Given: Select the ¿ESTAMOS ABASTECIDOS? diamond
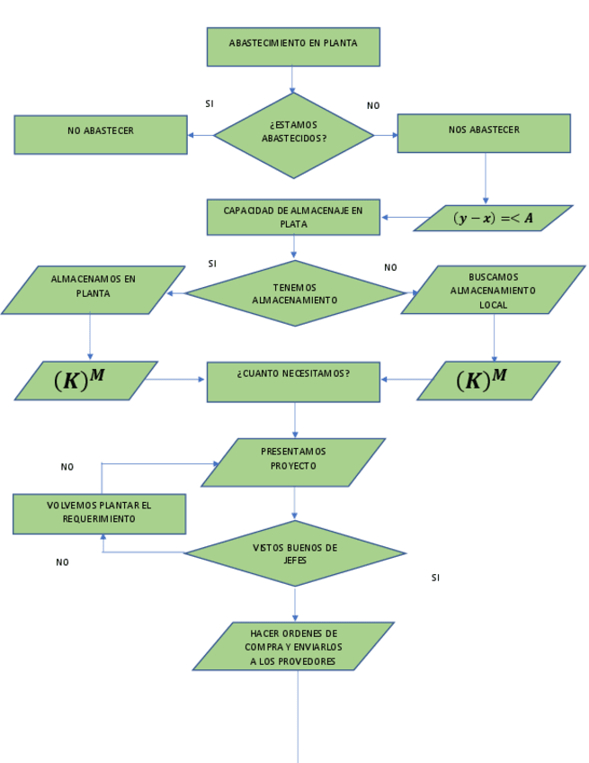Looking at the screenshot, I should tap(293, 136).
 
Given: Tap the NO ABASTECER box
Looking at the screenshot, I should tap(101, 134).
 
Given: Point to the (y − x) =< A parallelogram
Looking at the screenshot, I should tap(493, 219).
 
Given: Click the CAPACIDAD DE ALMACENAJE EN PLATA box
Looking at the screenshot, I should tap(293, 218).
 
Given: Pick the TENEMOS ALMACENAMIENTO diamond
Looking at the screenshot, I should tap(295, 293).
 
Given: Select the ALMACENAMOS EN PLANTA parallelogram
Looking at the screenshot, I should tap(93, 290).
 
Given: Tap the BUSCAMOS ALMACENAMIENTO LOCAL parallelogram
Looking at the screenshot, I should tap(493, 290).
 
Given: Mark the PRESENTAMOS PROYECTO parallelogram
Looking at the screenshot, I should tap(293, 462).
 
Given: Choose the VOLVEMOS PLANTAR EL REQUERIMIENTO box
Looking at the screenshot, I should tap(99, 514).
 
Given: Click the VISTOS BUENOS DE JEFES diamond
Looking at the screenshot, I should tap(295, 553).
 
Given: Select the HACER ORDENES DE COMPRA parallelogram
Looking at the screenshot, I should tap(293, 646).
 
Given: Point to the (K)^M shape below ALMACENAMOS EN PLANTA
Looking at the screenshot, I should tap(85, 381).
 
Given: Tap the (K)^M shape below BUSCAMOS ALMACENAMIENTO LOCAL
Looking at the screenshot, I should tap(488, 381).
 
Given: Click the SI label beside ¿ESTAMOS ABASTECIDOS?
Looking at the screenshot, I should tap(210, 104).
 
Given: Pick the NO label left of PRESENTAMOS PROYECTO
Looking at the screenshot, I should tap(67, 467).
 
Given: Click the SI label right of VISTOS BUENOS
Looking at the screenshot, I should tap(435, 578).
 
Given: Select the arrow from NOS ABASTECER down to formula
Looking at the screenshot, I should tap(486, 178).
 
